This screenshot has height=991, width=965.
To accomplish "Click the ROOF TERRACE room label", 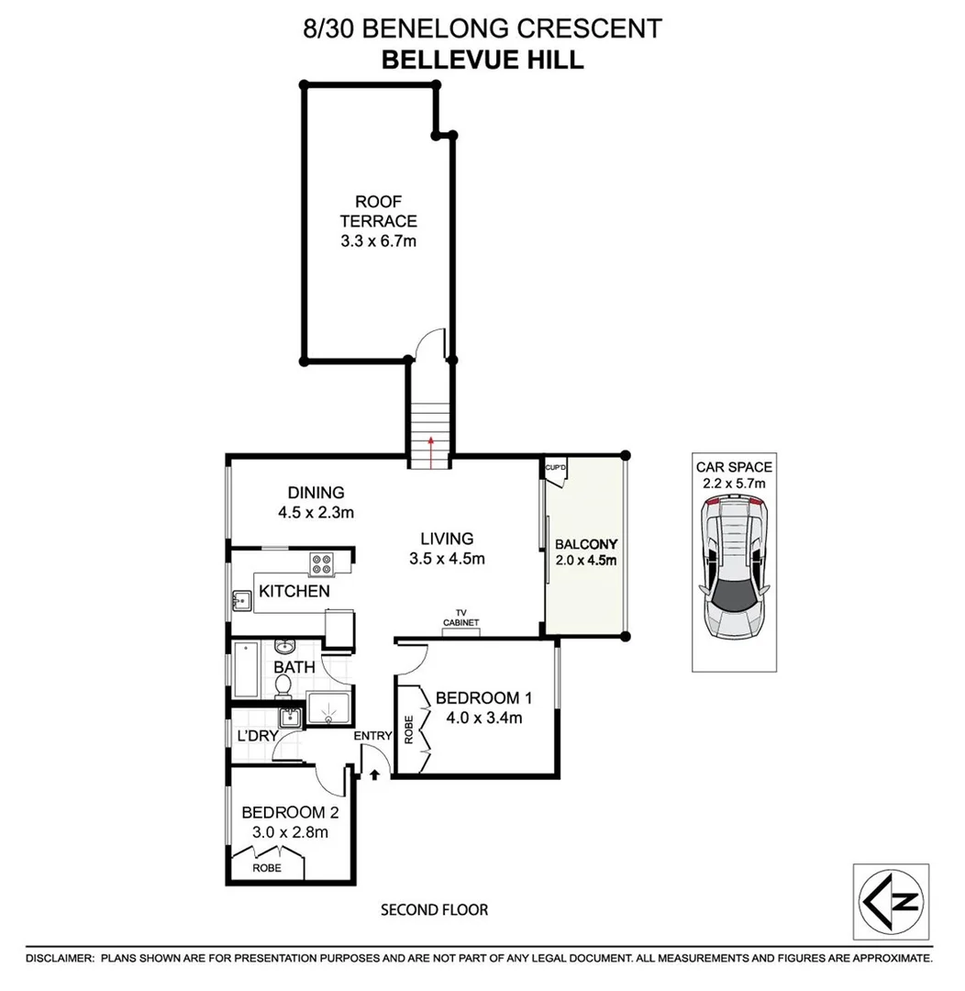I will [x=378, y=211].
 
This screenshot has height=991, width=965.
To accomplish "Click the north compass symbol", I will [x=890, y=898].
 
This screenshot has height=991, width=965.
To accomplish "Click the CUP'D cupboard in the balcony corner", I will [x=556, y=469].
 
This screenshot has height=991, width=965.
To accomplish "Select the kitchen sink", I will [x=241, y=601].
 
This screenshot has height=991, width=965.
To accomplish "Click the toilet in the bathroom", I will [x=284, y=685].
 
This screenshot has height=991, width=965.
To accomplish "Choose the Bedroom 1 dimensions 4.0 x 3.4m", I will [x=478, y=718].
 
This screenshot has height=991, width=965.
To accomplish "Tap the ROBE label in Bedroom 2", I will [x=267, y=867].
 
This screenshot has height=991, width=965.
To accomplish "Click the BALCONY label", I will [x=586, y=542].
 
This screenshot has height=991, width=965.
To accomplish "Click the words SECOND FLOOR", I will [x=434, y=910].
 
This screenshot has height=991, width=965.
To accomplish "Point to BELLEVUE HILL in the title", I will [x=482, y=60].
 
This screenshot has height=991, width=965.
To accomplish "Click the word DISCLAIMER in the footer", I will [x=60, y=958].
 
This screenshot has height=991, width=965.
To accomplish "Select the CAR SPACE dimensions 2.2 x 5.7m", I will [x=732, y=483].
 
